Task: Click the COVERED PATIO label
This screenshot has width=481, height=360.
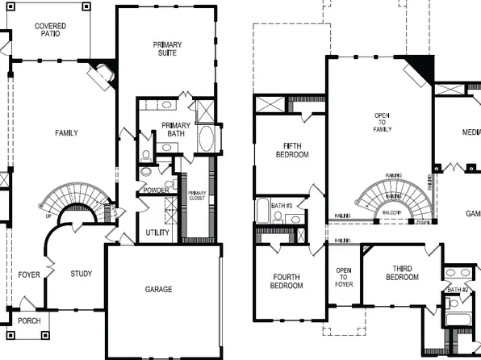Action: coord(50,31)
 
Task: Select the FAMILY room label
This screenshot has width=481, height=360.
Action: coord(66,133)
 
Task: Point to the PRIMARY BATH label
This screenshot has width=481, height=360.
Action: coord(176,130)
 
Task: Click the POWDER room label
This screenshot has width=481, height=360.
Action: coord(156,190)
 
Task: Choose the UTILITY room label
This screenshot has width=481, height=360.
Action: coord(157,233)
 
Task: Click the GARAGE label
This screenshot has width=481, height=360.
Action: coord(158,290)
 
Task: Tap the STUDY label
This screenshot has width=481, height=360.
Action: coord(82,274)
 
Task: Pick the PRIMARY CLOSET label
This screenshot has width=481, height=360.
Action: coord(198,195)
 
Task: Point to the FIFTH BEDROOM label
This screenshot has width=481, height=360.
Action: coord(291,150)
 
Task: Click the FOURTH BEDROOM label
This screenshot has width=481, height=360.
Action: coord(287,281)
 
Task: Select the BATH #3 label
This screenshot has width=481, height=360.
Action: coord(282,207)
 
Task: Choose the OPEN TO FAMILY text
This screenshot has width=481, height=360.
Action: coord(382,122)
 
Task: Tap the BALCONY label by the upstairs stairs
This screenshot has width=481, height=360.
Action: coord(393,213)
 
